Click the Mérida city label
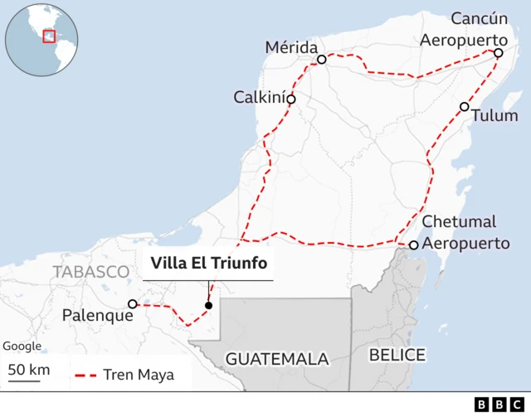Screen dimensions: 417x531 tap(290, 46)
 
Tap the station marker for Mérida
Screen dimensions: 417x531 tap(322, 60)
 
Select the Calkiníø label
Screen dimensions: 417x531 tap(259, 98)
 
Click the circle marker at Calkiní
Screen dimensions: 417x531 tap(291, 99)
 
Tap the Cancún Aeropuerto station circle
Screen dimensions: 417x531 tap(498, 53)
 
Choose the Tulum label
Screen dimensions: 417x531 tap(494, 115)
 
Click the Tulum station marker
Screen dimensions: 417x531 tap(465, 107)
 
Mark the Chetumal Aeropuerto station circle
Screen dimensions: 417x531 tap(413, 245)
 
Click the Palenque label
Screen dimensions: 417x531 tap(98, 316)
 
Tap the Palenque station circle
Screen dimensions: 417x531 tap(133, 304)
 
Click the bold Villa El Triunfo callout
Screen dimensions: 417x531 tap(208, 264)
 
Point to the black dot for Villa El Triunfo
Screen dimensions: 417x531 tap(208, 305)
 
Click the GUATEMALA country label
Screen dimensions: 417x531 tap(277, 359)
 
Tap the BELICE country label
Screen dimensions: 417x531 tap(397, 355)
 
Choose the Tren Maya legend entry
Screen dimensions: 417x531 tap(125, 376)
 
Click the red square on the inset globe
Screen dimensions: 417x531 tap(49, 36)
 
